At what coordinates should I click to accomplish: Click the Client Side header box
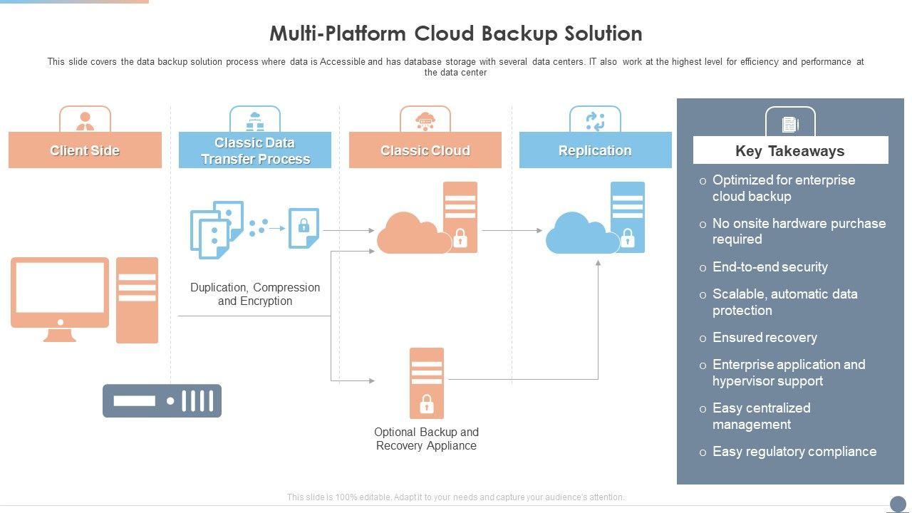pos(85,150)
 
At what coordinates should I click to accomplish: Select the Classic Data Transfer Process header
pos(255,150)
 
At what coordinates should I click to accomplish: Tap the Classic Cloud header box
pos(425,150)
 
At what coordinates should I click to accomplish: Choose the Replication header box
pos(595,150)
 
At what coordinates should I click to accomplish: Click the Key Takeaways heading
pos(790,151)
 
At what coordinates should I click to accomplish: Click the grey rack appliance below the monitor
pos(162,400)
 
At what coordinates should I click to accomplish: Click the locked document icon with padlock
pos(304,228)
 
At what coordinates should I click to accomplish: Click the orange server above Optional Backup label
pos(426,383)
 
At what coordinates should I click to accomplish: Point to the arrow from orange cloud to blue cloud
pos(512,231)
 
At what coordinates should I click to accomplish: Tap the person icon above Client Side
pos(85,120)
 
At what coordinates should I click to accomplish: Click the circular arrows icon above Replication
pos(595,121)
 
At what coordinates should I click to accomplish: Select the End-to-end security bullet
pos(769,267)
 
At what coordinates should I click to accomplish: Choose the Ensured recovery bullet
pos(765,338)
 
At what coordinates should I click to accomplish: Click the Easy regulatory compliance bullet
pos(794,452)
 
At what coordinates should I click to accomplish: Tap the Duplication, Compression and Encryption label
pos(255,294)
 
